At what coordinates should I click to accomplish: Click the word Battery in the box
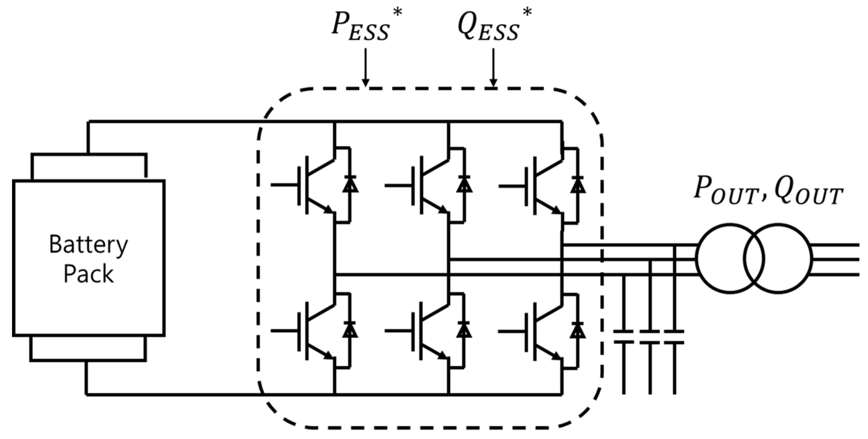(x=88, y=245)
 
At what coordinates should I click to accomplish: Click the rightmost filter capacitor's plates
(x=674, y=336)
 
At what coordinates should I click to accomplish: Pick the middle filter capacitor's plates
(x=650, y=336)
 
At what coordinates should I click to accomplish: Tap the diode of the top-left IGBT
(x=350, y=185)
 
